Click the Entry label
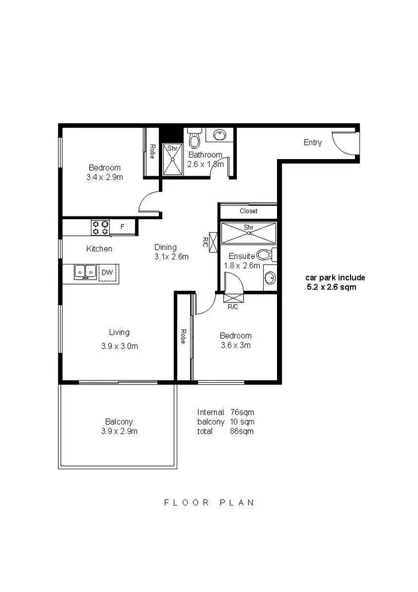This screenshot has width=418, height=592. [x=313, y=142]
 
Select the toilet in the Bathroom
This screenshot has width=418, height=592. [x=193, y=139]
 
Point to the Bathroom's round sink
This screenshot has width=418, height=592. [x=220, y=136]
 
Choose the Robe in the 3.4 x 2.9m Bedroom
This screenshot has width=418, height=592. [x=152, y=152]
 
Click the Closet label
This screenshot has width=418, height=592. [x=248, y=211]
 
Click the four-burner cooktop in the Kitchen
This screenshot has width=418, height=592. [x=100, y=227]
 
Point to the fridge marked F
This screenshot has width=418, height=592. [x=123, y=227]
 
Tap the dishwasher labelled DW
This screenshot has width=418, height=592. [x=107, y=272]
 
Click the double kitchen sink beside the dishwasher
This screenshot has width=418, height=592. [x=86, y=272]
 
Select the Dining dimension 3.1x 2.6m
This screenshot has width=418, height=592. [x=172, y=257]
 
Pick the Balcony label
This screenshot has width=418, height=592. [x=119, y=422]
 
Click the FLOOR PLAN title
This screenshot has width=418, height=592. [x=209, y=502]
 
